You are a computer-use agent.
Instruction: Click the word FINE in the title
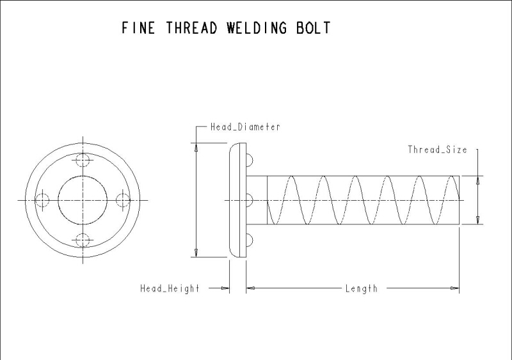[138, 28]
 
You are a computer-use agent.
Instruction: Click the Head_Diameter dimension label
[245, 127]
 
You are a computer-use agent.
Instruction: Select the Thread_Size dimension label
[437, 150]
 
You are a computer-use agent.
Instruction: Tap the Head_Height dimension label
[170, 288]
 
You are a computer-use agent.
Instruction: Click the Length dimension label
[361, 288]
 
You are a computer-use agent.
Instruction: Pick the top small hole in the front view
[83, 159]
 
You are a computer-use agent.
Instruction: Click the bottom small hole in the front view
[83, 240]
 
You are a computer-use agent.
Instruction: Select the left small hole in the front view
[42, 200]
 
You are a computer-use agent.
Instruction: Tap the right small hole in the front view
[123, 200]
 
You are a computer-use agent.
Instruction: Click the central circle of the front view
[83, 200]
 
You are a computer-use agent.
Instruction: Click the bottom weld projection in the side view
[250, 240]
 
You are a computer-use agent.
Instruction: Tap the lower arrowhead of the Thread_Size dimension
[477, 220]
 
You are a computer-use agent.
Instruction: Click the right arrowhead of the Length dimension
[455, 288]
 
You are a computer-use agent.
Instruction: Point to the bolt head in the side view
[237, 200]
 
